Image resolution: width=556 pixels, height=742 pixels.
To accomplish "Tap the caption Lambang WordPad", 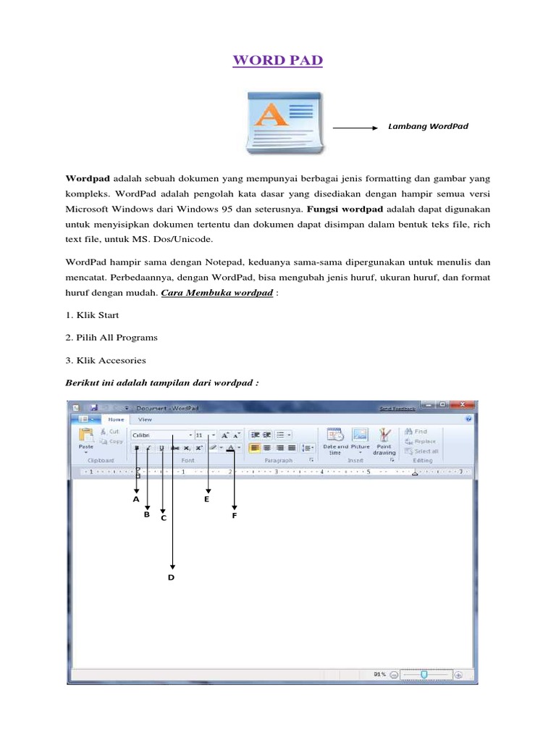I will (x=428, y=126).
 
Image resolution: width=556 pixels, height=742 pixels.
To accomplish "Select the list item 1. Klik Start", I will (x=92, y=315).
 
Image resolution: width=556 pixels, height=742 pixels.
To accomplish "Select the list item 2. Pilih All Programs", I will (x=111, y=337).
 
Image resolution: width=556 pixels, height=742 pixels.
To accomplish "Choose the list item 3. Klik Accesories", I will (x=106, y=359).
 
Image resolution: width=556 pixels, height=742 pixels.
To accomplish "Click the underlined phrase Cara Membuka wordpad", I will (x=216, y=293).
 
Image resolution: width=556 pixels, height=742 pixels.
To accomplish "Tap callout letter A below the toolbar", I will (x=135, y=499).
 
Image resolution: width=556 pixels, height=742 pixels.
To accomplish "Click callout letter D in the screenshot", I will (x=172, y=577).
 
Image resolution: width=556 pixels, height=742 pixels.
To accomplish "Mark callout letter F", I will (x=235, y=515).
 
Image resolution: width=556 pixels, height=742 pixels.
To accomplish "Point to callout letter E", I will (x=206, y=499).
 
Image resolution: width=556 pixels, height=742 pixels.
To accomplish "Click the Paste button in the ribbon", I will (x=86, y=439).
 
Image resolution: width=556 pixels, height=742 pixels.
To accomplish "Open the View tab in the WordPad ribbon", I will (x=145, y=419).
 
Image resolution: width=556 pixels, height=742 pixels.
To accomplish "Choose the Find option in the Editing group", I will (x=420, y=431).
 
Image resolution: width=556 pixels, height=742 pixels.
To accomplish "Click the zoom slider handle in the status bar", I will (x=424, y=674).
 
